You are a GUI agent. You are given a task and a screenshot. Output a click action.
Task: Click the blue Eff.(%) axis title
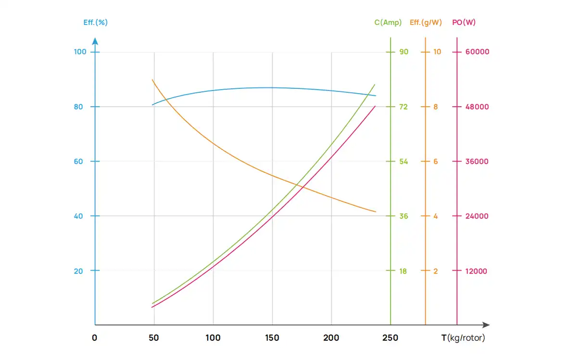[95, 23]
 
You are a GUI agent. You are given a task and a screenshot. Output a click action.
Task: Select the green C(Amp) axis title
[388, 23]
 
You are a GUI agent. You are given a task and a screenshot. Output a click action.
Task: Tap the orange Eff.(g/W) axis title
[426, 23]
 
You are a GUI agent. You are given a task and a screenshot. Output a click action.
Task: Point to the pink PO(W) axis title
[464, 23]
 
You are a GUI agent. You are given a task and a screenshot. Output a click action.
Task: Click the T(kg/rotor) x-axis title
[463, 338]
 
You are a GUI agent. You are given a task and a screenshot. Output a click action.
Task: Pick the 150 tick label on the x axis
[272, 338]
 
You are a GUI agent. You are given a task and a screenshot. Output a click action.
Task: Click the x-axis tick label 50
[154, 338]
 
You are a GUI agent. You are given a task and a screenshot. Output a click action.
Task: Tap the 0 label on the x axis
[95, 338]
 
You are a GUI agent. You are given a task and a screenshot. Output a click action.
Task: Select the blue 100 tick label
[80, 52]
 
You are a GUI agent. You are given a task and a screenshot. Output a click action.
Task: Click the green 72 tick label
[404, 107]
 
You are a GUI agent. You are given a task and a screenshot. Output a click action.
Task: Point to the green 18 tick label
[403, 271]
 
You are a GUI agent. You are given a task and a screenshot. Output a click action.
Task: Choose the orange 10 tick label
[437, 52]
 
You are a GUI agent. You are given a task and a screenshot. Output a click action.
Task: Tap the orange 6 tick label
[436, 161]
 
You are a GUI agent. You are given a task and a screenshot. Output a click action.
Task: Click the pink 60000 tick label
[477, 52]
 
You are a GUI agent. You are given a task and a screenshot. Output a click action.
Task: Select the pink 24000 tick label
[477, 216]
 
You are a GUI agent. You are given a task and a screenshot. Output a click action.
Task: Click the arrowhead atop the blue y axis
[95, 41]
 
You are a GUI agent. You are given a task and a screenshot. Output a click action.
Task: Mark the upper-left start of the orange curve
[152, 80]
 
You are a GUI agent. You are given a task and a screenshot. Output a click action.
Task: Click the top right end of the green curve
[375, 85]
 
